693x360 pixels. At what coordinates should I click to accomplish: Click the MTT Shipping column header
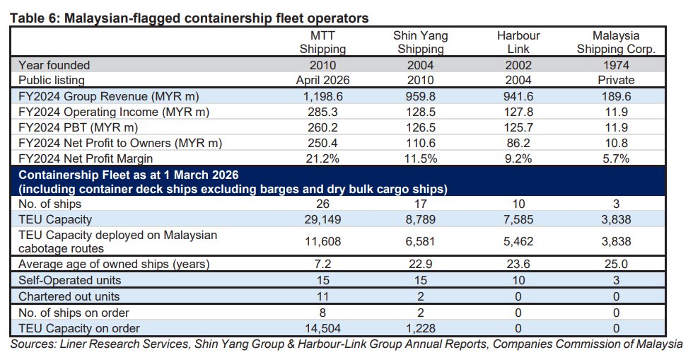[x=322, y=42]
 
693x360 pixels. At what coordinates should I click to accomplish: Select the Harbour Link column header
[x=518, y=42]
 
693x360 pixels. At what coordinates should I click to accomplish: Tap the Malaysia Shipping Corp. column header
[x=616, y=42]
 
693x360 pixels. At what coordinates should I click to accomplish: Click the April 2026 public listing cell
[x=322, y=80]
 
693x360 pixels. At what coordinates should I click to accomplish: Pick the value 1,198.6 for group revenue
[x=322, y=96]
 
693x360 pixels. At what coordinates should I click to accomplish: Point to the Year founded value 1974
[x=616, y=65]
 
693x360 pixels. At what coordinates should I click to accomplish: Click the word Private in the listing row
[x=616, y=80]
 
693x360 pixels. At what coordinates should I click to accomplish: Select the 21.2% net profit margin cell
[x=322, y=158]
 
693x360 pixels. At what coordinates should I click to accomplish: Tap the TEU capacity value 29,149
[x=322, y=219]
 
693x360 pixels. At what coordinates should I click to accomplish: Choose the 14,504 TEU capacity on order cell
[x=322, y=327]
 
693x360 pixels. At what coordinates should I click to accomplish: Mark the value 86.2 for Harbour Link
[x=518, y=143]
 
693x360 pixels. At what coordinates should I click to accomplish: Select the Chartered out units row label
[x=69, y=296]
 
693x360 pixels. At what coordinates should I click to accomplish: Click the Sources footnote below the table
[x=346, y=344]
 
